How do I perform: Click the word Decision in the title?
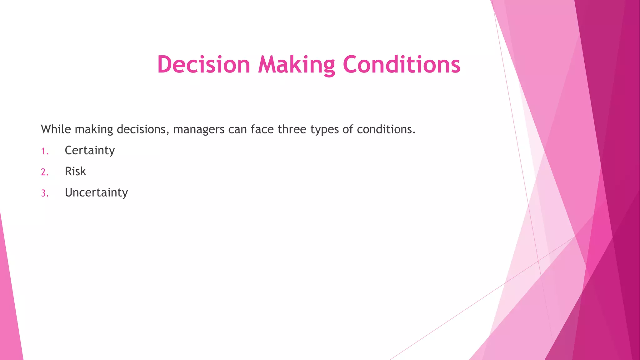tap(204, 64)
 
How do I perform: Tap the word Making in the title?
tap(297, 65)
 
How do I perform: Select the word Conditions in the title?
tap(402, 64)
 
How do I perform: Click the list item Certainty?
tap(90, 151)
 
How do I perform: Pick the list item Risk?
tap(75, 171)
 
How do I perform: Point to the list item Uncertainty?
tap(96, 192)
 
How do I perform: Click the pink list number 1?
tap(44, 152)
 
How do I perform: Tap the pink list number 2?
tap(45, 172)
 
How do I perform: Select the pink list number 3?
tap(45, 193)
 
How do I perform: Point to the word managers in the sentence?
tap(199, 129)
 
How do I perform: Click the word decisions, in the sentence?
tap(143, 129)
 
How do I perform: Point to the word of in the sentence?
tap(347, 129)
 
